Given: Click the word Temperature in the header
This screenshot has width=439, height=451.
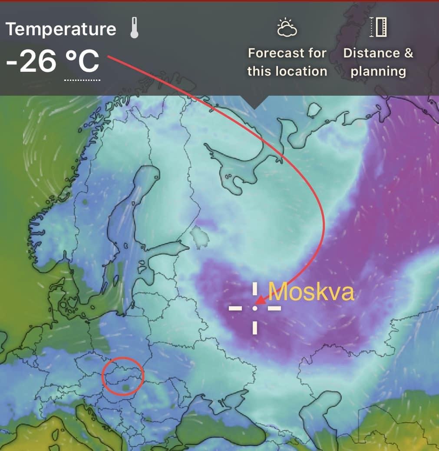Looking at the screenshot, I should click(x=61, y=29).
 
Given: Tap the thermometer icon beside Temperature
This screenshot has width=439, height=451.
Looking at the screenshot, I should click(x=134, y=28).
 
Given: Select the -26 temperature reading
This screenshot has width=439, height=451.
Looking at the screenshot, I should click(x=31, y=62).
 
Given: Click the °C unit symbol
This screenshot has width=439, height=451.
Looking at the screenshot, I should click(x=82, y=62).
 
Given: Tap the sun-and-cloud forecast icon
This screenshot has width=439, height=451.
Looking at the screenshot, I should click(x=287, y=28).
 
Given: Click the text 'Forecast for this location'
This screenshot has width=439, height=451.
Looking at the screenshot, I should click(x=287, y=62).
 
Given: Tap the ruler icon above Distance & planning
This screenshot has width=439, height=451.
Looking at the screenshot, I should click(x=378, y=27).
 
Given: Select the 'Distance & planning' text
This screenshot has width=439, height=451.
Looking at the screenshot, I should click(x=378, y=62).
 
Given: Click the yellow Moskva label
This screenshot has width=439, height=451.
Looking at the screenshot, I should click(x=311, y=292).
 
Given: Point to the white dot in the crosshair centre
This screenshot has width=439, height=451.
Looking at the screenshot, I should click(x=255, y=308).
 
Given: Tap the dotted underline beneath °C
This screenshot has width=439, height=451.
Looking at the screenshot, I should click(x=82, y=80).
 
